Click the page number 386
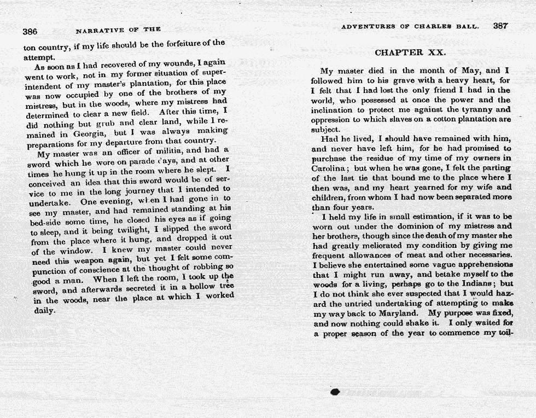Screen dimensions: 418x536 click(30, 32)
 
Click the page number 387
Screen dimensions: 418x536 click(500, 26)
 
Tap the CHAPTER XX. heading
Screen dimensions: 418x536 click(410, 53)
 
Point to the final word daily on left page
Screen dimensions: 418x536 click(44, 311)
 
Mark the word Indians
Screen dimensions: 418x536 click(476, 284)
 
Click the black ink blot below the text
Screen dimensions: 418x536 click(335, 392)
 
